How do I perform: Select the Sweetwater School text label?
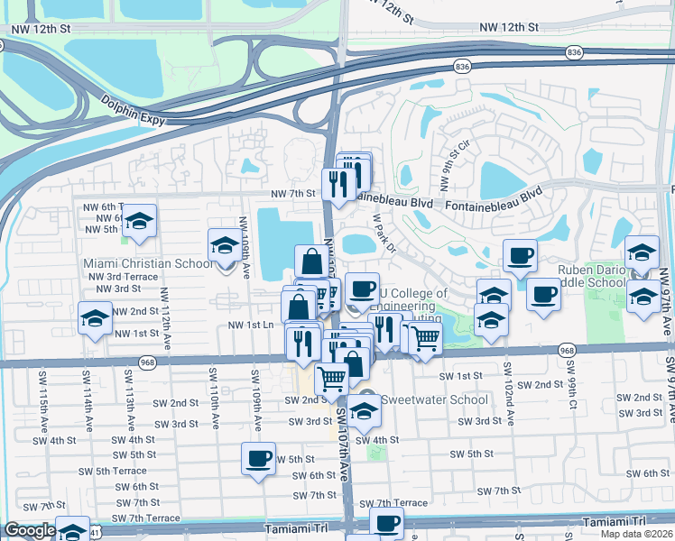(434, 399)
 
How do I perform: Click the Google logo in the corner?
(30, 530)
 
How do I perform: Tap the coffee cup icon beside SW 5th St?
(258, 459)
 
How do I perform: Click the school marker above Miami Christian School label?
(225, 244)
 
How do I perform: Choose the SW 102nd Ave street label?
(508, 394)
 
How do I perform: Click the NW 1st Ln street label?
(251, 325)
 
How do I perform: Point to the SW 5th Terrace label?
(112, 471)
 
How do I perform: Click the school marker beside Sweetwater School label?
(364, 410)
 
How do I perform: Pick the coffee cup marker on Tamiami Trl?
(387, 522)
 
